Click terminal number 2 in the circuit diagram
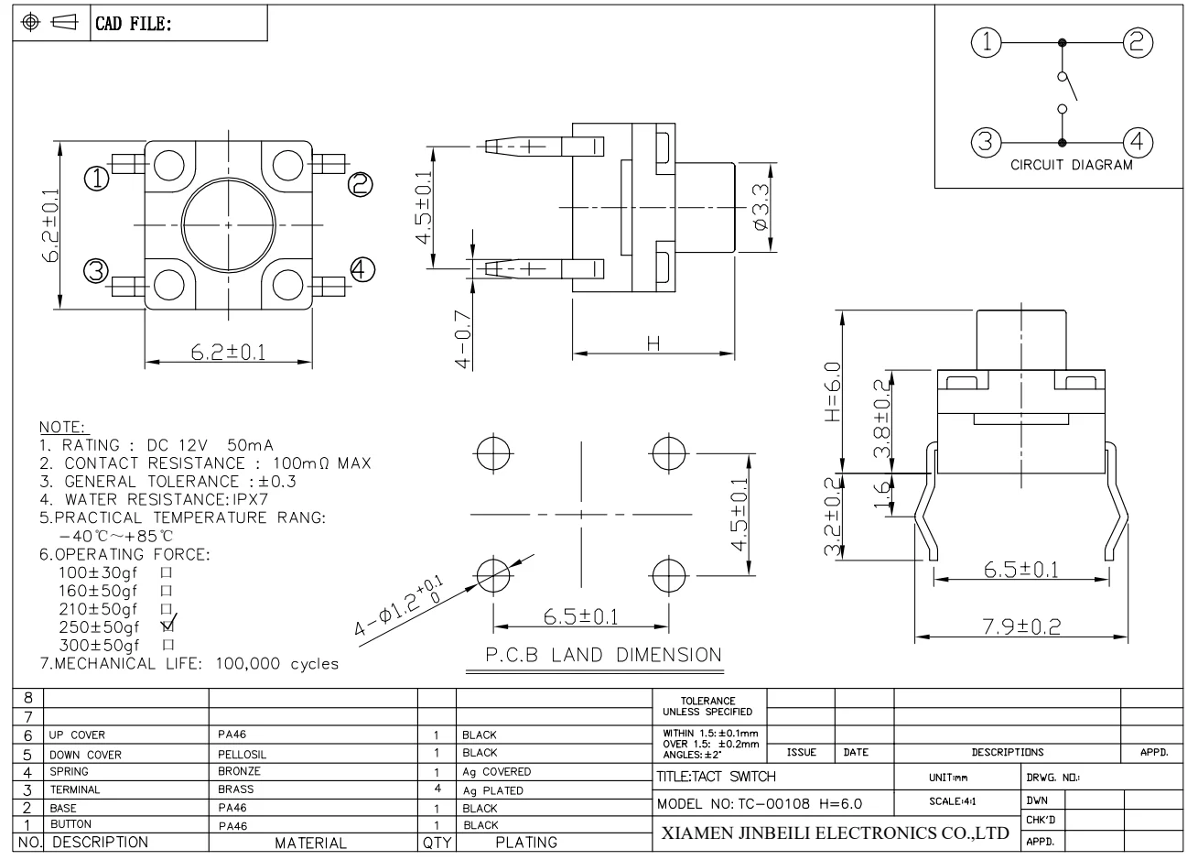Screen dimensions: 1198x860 coord(1138,42)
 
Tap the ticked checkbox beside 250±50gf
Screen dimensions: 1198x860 coord(167,626)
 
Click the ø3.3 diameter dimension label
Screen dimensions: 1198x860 coord(761,207)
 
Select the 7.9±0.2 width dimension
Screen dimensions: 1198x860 coord(1021,626)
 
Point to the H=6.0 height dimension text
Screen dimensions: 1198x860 coord(833,392)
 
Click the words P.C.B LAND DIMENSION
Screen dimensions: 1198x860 coord(603,655)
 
